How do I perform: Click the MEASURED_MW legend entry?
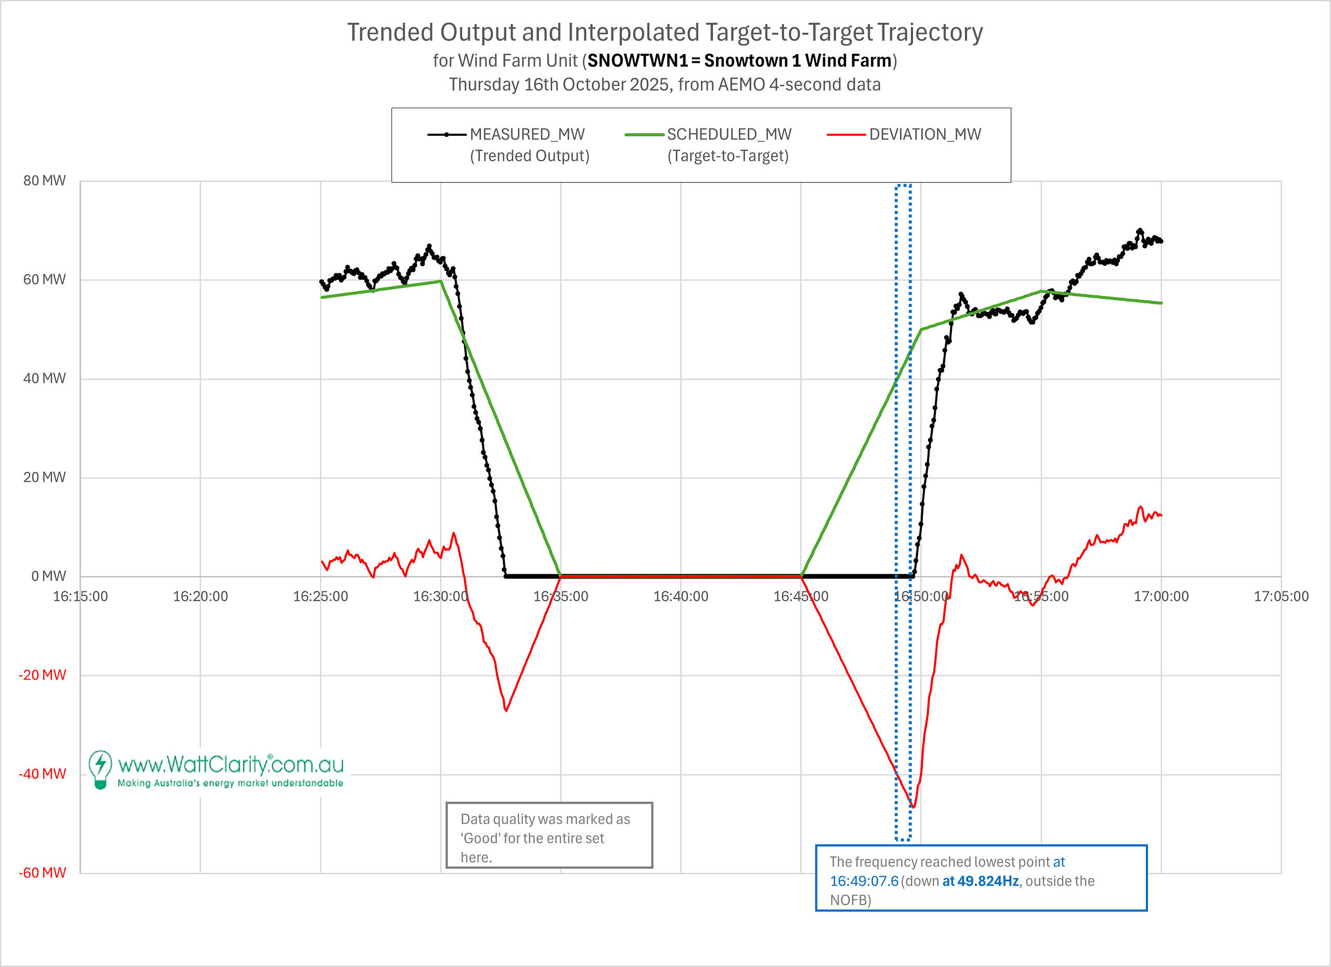click(x=527, y=134)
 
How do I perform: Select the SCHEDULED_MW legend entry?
click(x=729, y=134)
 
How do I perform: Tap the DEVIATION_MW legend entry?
click(x=924, y=134)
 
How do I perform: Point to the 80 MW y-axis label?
click(x=45, y=181)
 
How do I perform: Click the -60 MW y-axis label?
click(x=42, y=872)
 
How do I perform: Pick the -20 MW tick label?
click(x=42, y=675)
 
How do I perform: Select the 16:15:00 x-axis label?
click(x=81, y=597)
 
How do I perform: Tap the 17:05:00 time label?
click(x=1281, y=597)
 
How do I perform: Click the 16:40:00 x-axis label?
click(x=681, y=597)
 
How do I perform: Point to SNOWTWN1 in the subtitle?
click(x=637, y=60)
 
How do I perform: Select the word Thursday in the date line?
click(x=484, y=85)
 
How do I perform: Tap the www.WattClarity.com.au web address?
click(x=231, y=765)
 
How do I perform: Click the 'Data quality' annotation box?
click(x=549, y=835)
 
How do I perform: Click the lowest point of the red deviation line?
click(x=914, y=807)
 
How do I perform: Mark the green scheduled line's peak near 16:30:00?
click(x=440, y=281)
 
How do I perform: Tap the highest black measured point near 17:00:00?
click(x=1140, y=231)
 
